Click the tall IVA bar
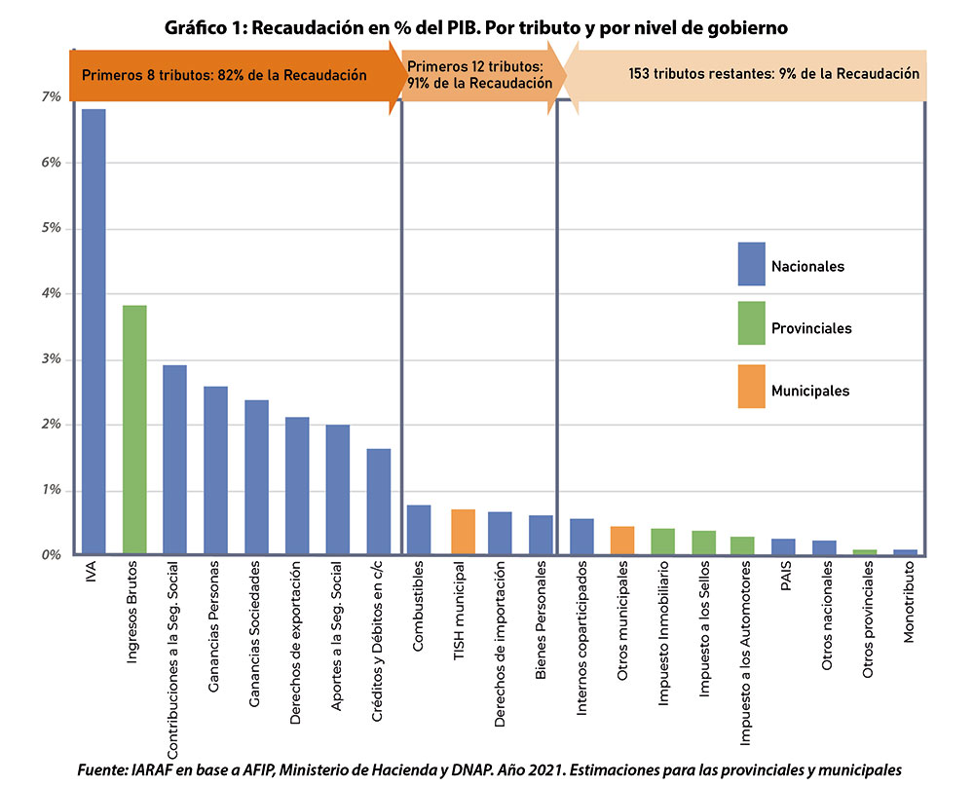pos(94,331)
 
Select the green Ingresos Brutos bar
pos(134,430)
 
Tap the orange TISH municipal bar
pos(463,532)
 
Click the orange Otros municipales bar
pos(622,541)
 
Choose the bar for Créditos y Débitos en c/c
pos(379,502)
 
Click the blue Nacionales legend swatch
pos(751,264)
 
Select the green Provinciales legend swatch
pos(751,326)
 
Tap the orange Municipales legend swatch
pos(751,388)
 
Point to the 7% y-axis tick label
pos(51,97)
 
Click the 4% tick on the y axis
pos(51,293)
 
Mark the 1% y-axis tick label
pos(51,490)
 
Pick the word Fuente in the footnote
pos(103,769)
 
